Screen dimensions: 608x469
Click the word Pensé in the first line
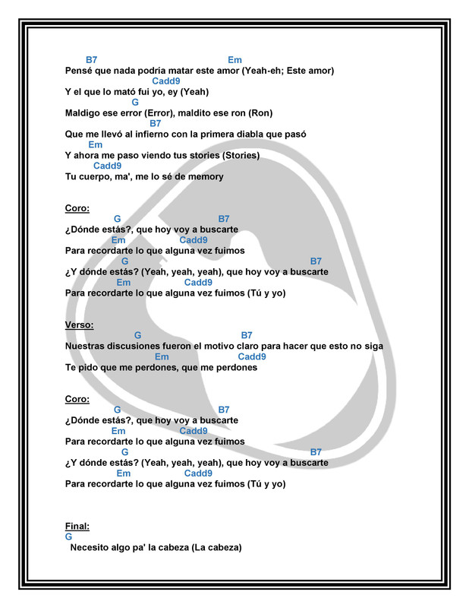80,71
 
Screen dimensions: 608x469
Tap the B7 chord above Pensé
91,60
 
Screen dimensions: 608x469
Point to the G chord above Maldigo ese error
135,102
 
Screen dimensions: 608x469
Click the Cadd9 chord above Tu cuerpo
107,166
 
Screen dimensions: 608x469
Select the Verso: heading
80,325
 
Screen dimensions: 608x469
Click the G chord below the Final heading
69,536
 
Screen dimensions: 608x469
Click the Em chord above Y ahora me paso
96,144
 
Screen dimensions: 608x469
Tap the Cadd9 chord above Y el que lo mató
166,81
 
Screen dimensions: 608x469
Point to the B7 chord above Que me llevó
156,123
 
